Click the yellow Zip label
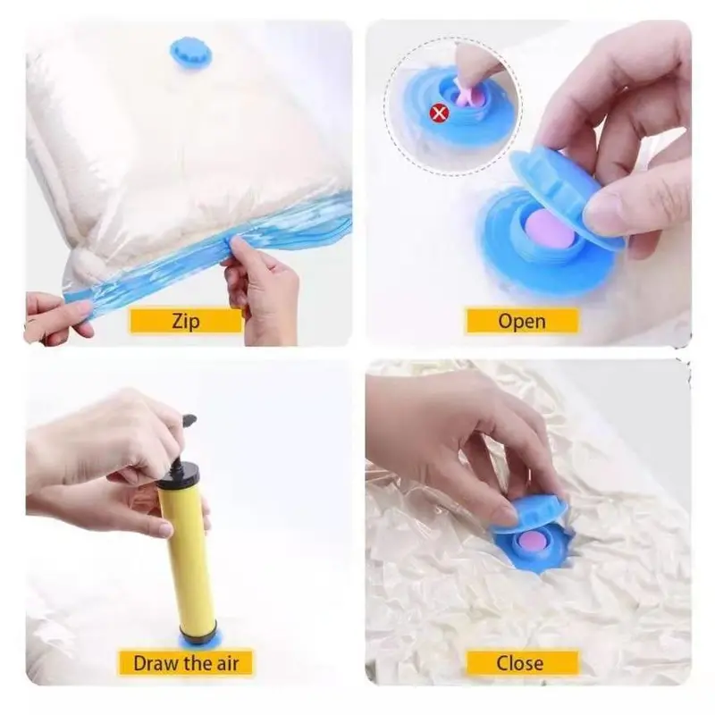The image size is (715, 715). [x=186, y=321]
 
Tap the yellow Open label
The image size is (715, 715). [x=522, y=321]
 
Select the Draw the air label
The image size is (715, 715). [x=186, y=662]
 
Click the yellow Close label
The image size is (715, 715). [x=522, y=662]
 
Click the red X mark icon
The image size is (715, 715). [x=439, y=113]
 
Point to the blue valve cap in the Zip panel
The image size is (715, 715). [x=191, y=54]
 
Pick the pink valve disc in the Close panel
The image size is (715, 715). [x=532, y=544]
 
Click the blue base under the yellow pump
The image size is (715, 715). [x=198, y=639]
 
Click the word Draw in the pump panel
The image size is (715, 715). [x=152, y=663]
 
